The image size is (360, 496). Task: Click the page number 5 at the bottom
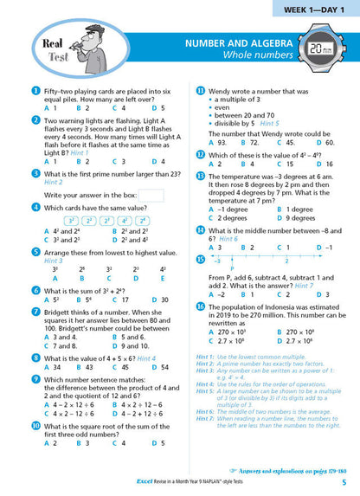(x=344, y=482)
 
